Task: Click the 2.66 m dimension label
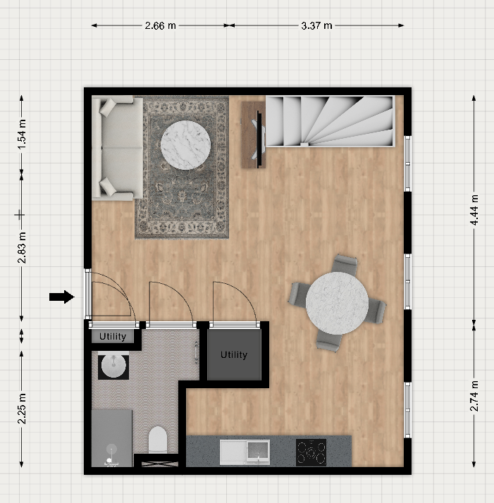160,25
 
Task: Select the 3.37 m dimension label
316,25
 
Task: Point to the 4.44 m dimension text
474,210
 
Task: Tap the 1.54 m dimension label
22,134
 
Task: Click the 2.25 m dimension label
22,409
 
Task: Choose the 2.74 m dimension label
474,396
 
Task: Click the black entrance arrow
62,297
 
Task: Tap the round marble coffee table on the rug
185,145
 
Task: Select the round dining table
337,304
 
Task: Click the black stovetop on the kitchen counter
311,452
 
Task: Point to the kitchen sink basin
258,451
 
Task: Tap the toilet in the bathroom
158,440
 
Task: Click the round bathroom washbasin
113,366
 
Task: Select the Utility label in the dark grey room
234,354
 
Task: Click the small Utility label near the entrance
113,336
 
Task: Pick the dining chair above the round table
345,265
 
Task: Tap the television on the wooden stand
259,139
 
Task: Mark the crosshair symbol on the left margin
20,215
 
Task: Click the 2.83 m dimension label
22,248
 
